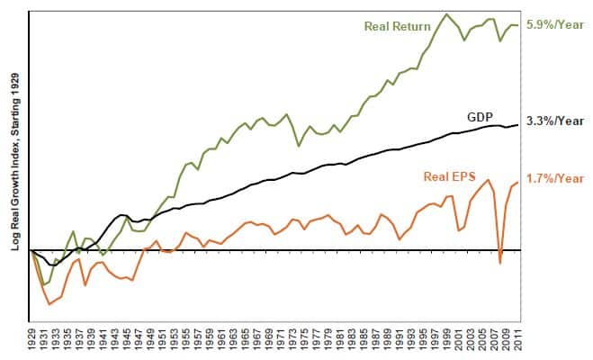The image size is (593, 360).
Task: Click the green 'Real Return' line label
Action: (397, 26)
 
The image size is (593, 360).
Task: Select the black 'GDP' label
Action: (480, 117)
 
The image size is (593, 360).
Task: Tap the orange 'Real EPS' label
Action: (449, 176)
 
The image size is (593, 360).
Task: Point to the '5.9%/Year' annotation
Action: (555, 25)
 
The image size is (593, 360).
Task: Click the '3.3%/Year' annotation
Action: (555, 121)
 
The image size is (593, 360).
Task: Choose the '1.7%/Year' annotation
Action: (555, 178)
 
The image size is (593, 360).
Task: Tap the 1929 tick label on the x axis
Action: (32, 340)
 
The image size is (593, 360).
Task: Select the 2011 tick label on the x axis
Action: (517, 340)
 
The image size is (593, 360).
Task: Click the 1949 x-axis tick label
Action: (150, 340)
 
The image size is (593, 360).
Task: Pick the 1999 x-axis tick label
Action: (446, 340)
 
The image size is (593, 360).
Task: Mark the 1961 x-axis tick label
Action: (221, 340)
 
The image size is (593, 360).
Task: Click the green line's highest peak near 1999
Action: (446, 14)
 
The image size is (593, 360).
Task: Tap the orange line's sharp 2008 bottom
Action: (500, 263)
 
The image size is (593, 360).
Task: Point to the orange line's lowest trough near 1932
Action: (49, 303)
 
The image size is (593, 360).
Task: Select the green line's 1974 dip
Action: (299, 145)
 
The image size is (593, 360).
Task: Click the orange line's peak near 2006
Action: (488, 180)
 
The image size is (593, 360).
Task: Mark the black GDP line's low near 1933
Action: (53, 265)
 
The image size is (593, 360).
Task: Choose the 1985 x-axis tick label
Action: (364, 340)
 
